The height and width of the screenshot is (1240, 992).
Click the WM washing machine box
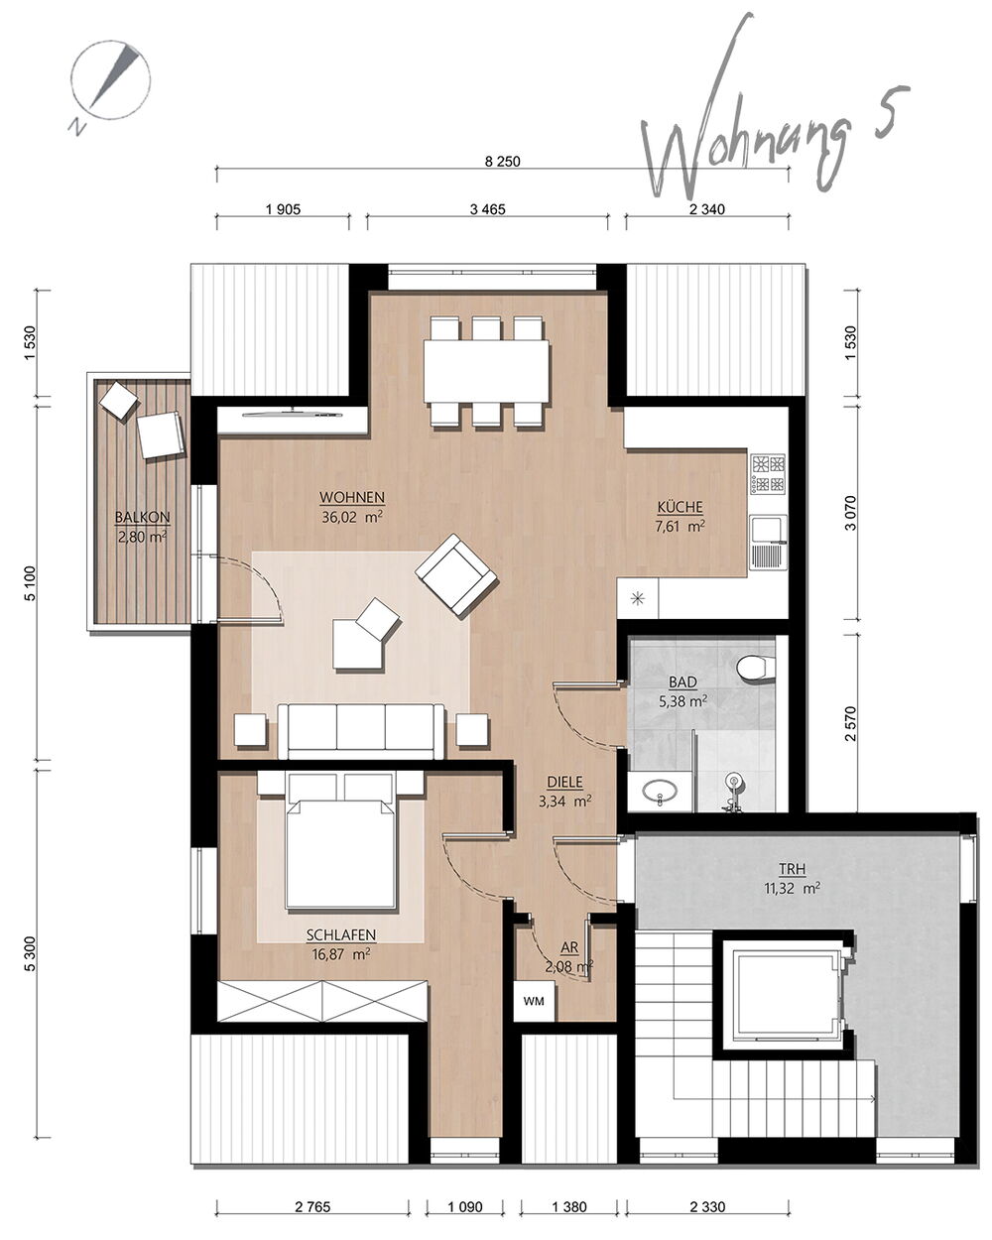coord(534,1001)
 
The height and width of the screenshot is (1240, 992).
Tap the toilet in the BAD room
coord(756,668)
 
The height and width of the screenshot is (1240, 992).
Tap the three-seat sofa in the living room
coord(361,731)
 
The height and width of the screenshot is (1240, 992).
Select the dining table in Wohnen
coord(486,371)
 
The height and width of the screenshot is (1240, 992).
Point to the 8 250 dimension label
coord(502,162)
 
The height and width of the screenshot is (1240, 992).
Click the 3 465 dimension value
coord(487,209)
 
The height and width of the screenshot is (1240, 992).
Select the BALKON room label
coord(143,518)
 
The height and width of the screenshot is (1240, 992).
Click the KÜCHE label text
coord(681,507)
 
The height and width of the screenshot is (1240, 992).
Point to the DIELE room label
coord(564,782)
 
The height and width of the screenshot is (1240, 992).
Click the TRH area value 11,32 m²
coord(792,888)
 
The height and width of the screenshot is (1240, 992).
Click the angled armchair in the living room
coord(456,574)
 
